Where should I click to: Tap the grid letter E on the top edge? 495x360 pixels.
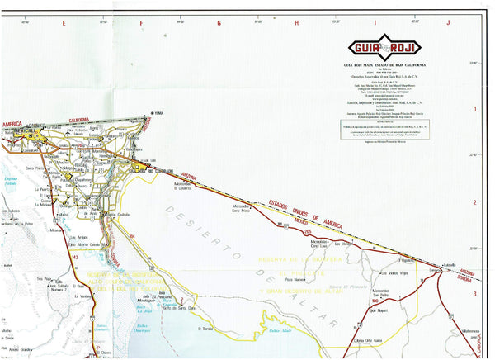64,23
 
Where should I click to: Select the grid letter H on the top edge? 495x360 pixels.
295,23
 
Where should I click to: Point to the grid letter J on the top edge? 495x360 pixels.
448,23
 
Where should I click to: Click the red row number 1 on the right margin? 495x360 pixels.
474,108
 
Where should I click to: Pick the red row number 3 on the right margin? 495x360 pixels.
474,293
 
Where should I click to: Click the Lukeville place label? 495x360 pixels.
450,265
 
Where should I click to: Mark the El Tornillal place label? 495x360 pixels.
206,328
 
